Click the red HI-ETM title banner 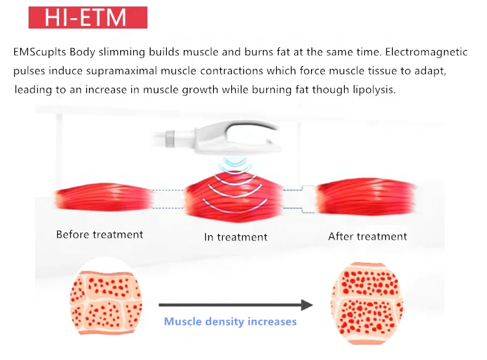tap(88, 17)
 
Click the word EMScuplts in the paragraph tap(40, 53)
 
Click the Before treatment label tap(99, 235)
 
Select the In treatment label tap(236, 237)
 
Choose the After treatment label tap(368, 237)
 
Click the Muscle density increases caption tap(230, 322)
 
